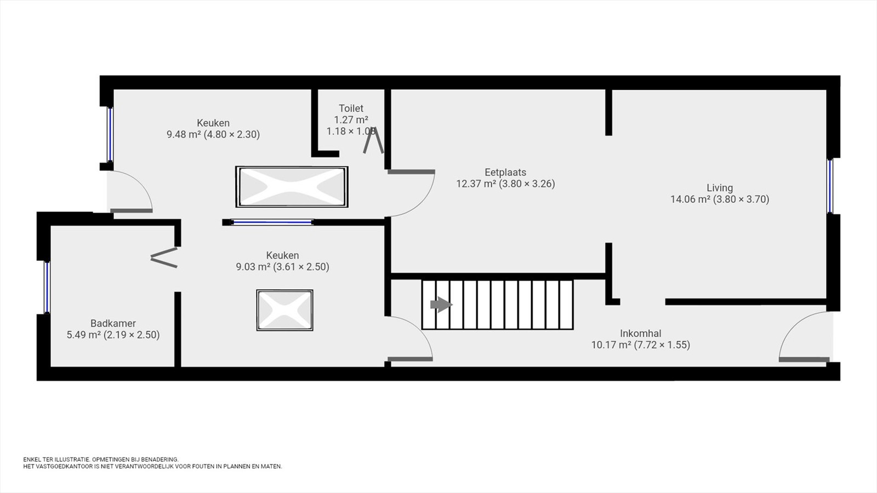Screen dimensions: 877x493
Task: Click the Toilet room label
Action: (351, 108)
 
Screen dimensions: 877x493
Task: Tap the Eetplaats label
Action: (505, 172)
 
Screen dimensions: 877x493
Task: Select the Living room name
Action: (720, 188)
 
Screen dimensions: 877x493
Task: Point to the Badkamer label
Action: (113, 323)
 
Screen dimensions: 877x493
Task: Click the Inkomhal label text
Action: (641, 334)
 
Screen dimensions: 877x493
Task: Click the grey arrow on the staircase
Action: (441, 305)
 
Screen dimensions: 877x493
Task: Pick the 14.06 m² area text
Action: (690, 199)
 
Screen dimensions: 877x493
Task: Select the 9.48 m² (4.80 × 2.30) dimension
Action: (213, 135)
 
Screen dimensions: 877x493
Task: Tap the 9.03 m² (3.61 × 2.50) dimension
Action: (282, 267)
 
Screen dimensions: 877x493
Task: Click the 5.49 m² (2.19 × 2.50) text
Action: (113, 335)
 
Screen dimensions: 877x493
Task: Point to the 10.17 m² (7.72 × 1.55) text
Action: (641, 345)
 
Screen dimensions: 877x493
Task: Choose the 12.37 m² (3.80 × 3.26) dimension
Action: (505, 184)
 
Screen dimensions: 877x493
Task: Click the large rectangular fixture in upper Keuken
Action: (292, 187)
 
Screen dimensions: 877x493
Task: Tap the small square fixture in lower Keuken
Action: (284, 310)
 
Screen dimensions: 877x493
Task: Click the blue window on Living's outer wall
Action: (830, 186)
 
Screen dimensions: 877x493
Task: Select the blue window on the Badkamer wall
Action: (47, 287)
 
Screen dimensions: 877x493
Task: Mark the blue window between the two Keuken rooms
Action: (272, 222)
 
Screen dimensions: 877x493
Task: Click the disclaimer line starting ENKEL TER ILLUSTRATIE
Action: (101, 460)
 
